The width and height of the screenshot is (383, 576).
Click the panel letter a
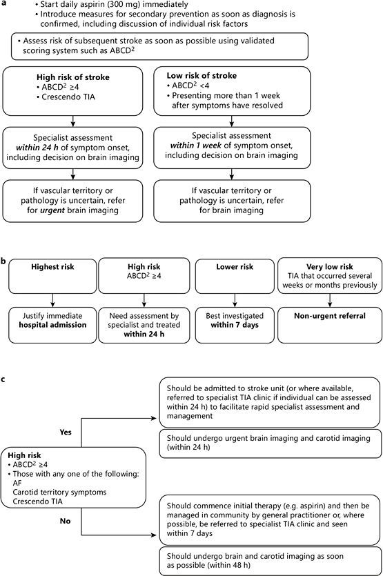pos(3,4)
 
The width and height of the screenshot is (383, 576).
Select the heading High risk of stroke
pos(75,77)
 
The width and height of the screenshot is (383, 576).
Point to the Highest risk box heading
pos(51,266)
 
